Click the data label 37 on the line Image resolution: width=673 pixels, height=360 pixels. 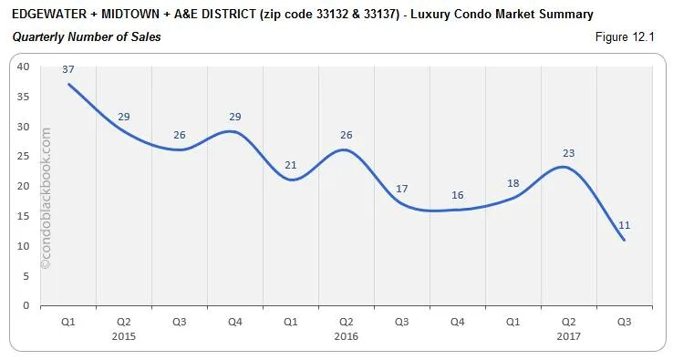pos(67,70)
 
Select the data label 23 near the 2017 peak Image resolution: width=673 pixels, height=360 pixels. pos(568,153)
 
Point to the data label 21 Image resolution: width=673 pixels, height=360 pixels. pos(290,165)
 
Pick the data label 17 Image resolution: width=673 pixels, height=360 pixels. pos(401,189)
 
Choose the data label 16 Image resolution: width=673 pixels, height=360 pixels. pos(457,195)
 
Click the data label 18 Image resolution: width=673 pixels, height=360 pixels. pos(513,183)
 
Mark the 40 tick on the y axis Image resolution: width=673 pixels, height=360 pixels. pos(23,67)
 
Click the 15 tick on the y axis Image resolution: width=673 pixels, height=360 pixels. pos(23,216)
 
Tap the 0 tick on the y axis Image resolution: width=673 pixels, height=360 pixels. pos(26,306)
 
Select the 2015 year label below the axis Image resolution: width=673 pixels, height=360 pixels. pos(123,336)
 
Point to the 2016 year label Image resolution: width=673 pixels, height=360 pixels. pos(346,336)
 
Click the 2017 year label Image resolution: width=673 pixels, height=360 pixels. pos(568,336)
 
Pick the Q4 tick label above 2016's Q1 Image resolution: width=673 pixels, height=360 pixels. pos(234,321)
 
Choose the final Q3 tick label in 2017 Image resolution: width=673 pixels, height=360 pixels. pos(625,321)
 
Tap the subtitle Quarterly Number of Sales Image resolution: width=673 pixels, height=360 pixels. pos(87,36)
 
